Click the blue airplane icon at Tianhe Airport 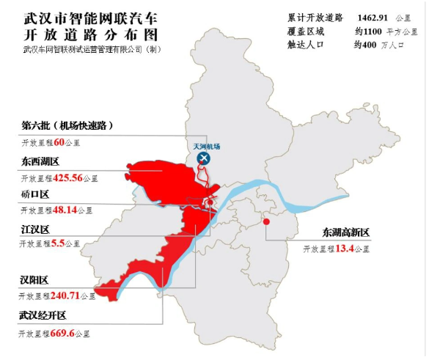coord(205,158)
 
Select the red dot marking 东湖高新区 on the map coord(266,221)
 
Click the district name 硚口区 coord(34,195)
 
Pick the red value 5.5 coord(58,243)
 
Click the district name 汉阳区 coord(34,281)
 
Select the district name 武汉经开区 coord(43,316)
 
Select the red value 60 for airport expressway coord(59,141)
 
